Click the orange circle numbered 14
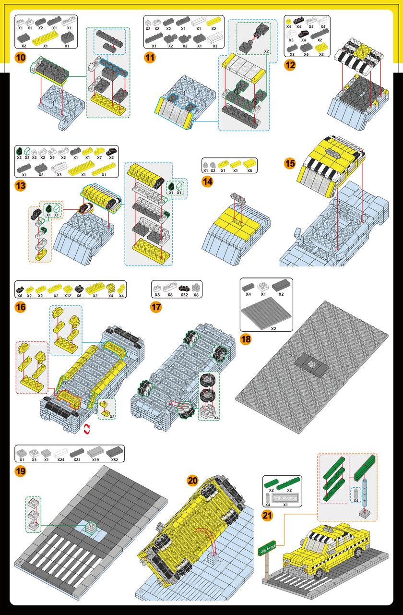(208, 182)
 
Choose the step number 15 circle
(290, 163)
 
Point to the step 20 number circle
(192, 480)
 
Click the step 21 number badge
(268, 515)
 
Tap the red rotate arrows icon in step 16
(87, 428)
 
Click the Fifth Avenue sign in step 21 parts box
(285, 498)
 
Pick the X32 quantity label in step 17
(184, 295)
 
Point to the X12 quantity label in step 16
(69, 295)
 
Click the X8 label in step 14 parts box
(249, 170)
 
